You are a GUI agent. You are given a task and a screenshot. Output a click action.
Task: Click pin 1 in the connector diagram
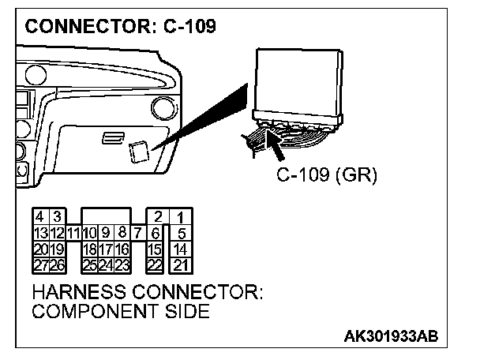pyautogui.click(x=181, y=217)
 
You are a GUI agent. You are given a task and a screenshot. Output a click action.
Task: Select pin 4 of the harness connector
pyautogui.click(x=39, y=217)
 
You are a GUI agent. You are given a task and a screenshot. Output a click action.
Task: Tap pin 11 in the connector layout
pyautogui.click(x=73, y=232)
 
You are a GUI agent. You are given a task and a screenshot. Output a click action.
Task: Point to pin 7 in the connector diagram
pyautogui.click(x=137, y=232)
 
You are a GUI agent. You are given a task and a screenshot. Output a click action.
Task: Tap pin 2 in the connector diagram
pyautogui.click(x=157, y=217)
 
